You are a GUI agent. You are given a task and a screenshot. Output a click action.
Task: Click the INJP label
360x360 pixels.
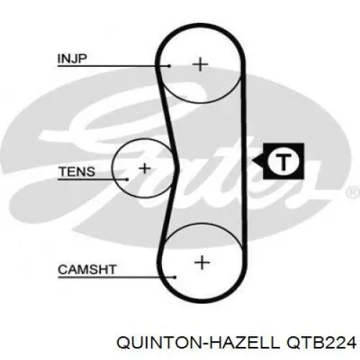tap(72, 58)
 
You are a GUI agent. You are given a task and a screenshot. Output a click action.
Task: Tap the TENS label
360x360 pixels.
tap(77, 171)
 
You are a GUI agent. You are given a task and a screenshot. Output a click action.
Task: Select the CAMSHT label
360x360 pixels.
tap(87, 269)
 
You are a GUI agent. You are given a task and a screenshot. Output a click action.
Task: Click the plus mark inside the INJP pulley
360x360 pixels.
tap(200, 64)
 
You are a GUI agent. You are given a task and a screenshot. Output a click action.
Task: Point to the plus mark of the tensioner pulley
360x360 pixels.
tap(145, 168)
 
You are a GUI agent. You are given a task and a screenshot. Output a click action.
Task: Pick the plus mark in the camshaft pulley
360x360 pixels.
tap(202, 262)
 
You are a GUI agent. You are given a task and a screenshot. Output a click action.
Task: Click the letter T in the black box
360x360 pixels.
tap(284, 161)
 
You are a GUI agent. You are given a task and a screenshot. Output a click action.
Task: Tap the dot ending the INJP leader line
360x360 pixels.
tap(169, 66)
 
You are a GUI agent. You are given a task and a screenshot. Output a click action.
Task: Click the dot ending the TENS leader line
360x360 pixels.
tap(127, 179)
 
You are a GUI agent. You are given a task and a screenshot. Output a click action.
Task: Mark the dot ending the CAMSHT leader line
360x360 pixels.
tap(175, 277)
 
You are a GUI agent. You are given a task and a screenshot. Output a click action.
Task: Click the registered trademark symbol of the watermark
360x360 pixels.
tap(354, 192)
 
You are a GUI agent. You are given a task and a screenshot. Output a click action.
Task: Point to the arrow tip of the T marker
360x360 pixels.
tap(253, 161)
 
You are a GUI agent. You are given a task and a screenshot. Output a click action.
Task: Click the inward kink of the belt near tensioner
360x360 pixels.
tap(178, 166)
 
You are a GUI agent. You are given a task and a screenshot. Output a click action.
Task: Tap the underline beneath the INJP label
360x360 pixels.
tap(114, 66)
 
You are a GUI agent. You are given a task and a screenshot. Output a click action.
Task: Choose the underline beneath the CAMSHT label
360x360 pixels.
tap(117, 277)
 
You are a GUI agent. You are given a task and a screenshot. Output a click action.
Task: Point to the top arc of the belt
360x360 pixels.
tap(200, 26)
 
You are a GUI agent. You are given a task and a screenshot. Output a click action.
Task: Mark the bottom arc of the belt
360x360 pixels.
tap(202, 300)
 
